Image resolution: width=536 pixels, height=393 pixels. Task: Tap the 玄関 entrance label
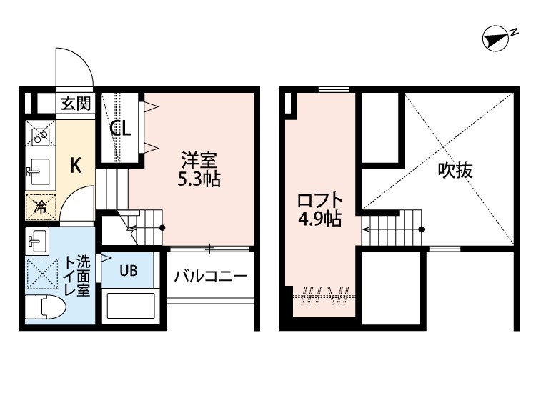[75, 104]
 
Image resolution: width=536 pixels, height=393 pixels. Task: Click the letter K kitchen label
[75, 166]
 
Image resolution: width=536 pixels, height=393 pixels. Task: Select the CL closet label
[119, 129]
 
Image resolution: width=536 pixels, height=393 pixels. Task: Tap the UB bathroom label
[128, 270]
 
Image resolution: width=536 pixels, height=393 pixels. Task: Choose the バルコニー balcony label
[210, 276]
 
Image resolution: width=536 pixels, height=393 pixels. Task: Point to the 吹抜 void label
[455, 171]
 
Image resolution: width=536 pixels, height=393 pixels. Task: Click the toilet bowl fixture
[44, 309]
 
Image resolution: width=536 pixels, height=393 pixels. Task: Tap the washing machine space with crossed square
[41, 273]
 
